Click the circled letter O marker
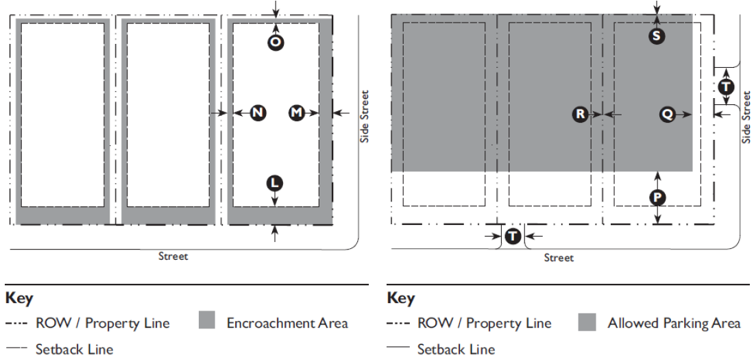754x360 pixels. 276,43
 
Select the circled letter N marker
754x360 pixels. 258,112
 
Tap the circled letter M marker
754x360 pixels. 296,112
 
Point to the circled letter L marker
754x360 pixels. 275,182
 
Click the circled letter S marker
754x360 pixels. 657,36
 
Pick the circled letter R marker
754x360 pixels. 581,115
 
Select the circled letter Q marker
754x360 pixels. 667,115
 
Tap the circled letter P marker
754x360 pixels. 657,197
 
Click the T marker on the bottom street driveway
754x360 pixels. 513,237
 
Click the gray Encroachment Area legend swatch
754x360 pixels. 206,322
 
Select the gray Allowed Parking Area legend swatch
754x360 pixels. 587,322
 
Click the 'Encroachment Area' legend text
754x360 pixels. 287,323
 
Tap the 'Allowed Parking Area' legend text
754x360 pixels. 674,323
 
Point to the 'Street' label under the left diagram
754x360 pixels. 173,256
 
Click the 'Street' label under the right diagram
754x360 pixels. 559,258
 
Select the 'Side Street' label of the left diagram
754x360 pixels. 365,117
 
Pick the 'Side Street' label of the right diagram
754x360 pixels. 747,118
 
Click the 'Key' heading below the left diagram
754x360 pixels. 19,299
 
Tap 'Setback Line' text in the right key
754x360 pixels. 456,350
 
